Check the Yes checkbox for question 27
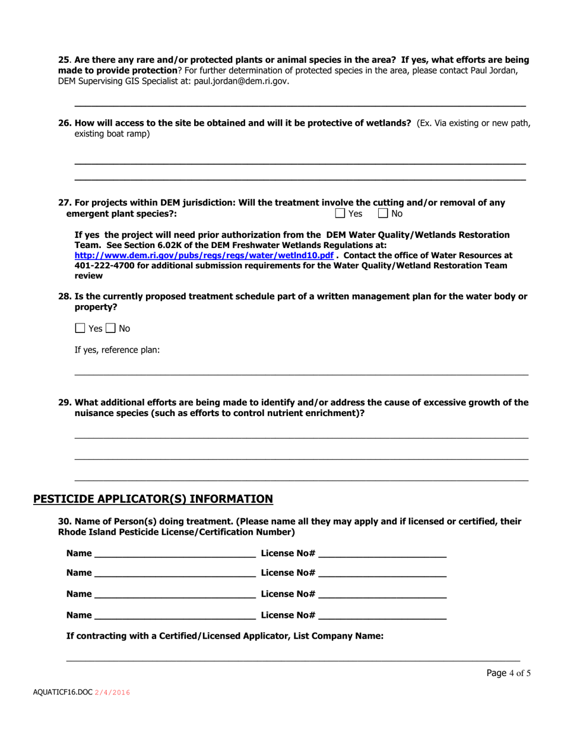[x=340, y=213]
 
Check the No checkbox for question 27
[x=383, y=213]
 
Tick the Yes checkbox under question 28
[x=80, y=328]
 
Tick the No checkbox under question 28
[x=110, y=328]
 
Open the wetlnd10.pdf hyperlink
[x=204, y=255]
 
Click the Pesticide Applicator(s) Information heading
[x=153, y=499]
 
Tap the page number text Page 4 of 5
[x=508, y=673]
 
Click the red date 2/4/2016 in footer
[x=112, y=693]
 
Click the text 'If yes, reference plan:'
[x=116, y=350]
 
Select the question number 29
[x=64, y=402]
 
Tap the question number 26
[x=64, y=123]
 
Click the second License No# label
[x=288, y=573]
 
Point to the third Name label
[x=79, y=593]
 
